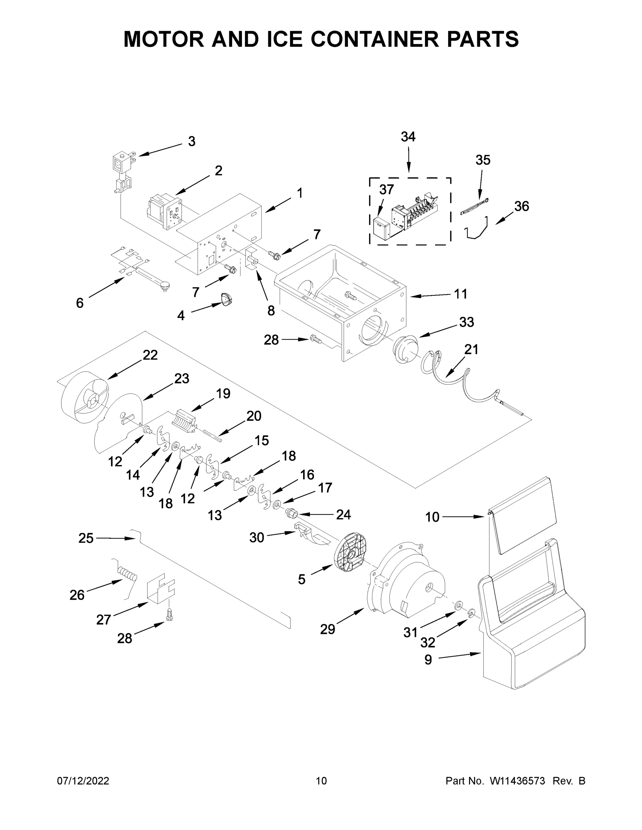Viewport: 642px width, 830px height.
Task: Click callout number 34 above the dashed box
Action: (x=408, y=137)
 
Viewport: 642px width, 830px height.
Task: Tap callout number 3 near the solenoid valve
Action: (x=192, y=141)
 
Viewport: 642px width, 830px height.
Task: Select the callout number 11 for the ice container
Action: (x=461, y=294)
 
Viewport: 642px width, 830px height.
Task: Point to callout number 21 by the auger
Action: (x=471, y=349)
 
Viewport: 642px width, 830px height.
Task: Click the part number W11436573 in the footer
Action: (x=517, y=781)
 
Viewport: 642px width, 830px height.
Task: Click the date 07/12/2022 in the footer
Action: (x=83, y=781)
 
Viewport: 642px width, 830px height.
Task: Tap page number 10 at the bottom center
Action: (x=322, y=781)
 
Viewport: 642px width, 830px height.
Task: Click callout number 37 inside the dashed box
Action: (x=387, y=189)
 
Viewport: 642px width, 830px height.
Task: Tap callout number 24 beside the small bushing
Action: (x=343, y=515)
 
